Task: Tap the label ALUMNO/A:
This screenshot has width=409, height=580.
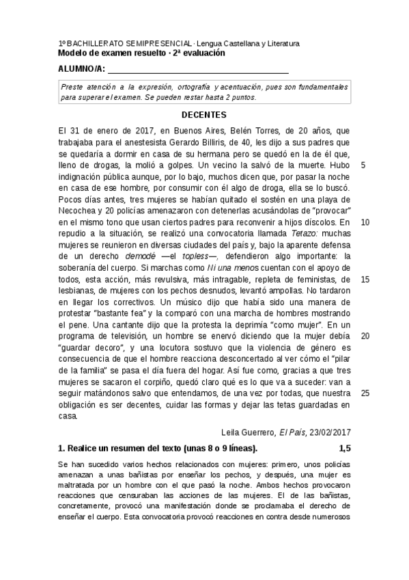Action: coord(81,69)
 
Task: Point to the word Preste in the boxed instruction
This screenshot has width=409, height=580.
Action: coord(73,87)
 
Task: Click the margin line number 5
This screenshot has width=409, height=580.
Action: coord(363,166)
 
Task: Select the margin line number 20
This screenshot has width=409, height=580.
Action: coord(365,336)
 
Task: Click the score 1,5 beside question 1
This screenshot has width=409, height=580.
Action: coord(345,449)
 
